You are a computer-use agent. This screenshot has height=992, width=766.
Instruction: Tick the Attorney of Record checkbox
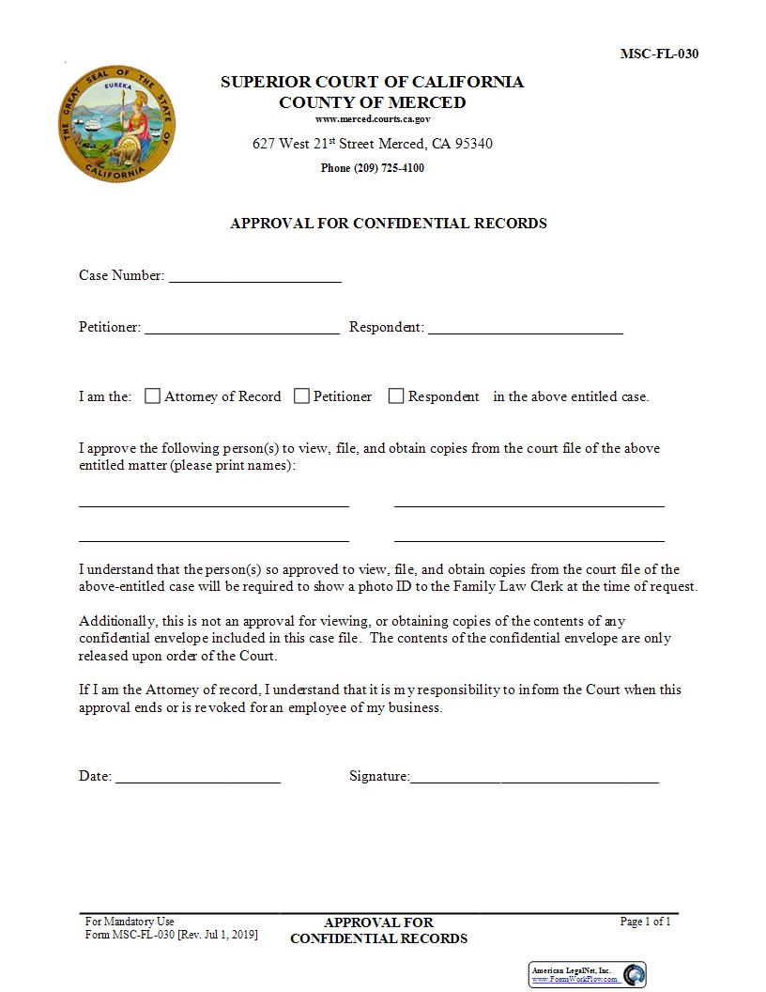(152, 396)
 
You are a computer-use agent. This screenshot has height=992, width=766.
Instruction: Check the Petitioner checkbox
(301, 396)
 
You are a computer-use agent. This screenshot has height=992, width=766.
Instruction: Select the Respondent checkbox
(396, 396)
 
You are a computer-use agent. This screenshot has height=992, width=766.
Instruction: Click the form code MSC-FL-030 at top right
(659, 54)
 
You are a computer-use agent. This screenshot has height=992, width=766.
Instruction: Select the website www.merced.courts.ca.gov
(373, 119)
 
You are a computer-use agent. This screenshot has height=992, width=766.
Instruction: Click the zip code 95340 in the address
(473, 144)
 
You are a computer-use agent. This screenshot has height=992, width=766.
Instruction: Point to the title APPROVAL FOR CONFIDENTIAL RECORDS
(388, 224)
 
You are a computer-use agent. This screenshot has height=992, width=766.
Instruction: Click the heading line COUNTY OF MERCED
(373, 102)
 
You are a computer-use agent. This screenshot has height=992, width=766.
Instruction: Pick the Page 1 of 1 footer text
(645, 922)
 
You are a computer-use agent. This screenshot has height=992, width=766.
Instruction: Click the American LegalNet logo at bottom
(588, 974)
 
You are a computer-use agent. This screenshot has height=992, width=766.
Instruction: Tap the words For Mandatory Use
(130, 922)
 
